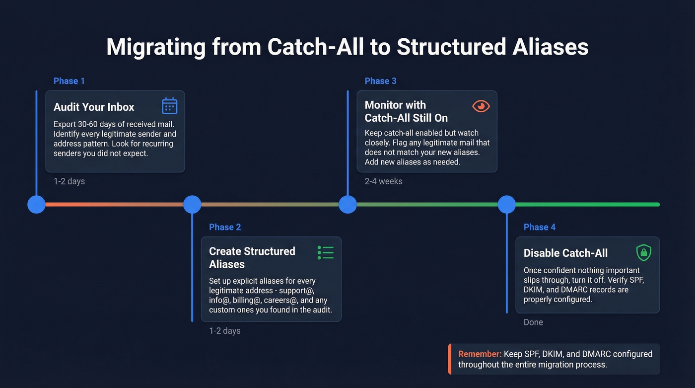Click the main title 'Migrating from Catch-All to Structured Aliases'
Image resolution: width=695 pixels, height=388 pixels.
347,47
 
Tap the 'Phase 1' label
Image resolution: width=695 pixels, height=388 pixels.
69,81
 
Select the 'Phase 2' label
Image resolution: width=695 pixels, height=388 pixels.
225,227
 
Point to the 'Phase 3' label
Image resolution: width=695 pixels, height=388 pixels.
380,81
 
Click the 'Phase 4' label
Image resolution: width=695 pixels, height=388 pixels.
540,227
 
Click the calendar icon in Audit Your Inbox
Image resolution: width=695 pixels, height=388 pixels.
170,106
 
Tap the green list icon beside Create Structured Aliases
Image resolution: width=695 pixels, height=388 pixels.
326,252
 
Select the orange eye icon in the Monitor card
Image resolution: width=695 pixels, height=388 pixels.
481,106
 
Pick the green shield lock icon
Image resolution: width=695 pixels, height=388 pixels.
644,252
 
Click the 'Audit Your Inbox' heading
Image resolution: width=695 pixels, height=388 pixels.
94,107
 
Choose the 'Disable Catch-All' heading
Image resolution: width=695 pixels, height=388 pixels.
565,253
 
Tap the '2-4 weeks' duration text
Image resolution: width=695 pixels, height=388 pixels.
383,181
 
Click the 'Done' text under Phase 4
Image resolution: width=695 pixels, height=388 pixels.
533,322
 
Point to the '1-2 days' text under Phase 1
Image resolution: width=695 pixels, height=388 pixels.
69,181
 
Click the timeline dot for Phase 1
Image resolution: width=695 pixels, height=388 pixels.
36,204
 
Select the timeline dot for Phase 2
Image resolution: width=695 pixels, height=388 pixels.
192,204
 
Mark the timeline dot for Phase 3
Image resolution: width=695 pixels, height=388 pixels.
347,204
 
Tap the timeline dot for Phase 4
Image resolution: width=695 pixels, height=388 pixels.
507,204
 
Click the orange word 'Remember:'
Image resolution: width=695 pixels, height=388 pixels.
480,354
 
